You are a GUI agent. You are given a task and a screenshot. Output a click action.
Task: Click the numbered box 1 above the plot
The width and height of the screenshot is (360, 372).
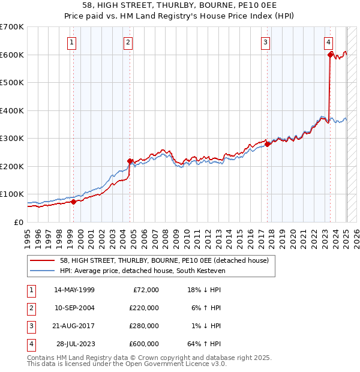tap(71, 42)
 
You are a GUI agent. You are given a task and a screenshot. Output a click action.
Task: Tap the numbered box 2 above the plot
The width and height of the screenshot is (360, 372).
tap(128, 42)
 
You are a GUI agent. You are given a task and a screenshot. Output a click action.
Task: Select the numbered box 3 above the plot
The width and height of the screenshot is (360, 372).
tap(265, 42)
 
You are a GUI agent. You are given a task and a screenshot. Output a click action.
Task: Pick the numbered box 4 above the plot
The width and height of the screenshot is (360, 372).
tap(329, 42)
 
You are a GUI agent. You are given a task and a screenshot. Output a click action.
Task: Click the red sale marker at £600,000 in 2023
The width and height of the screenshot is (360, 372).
tap(330, 55)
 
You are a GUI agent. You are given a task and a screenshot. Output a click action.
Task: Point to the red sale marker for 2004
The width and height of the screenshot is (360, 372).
tap(130, 161)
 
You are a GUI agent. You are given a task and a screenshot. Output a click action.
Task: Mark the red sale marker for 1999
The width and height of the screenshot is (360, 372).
tap(73, 202)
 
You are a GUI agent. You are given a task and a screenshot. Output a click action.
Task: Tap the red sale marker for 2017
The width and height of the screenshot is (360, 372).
tap(268, 144)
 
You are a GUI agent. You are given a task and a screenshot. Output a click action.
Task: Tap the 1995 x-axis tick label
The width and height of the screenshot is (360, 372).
tap(28, 237)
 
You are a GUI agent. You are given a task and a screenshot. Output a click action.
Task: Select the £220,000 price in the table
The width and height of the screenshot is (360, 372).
tap(143, 308)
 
